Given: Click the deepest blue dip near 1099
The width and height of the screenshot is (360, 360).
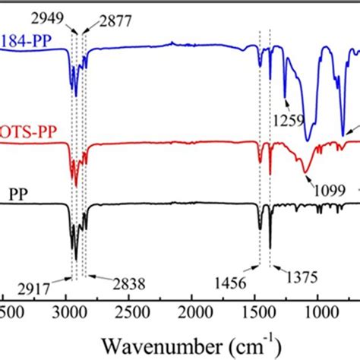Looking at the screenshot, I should tap(308, 140).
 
